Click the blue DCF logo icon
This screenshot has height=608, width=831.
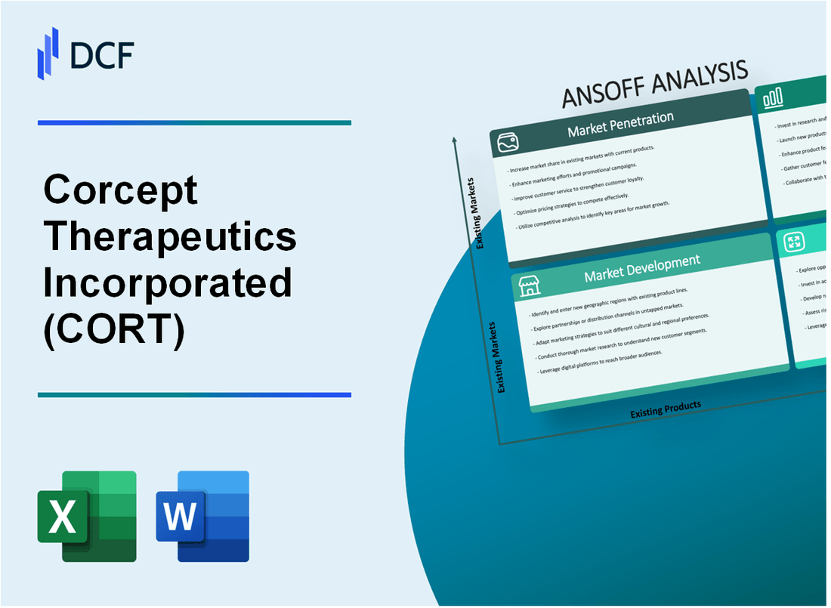coord(48,52)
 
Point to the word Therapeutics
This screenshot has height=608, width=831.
coord(170,236)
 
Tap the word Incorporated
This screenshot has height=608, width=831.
coord(168,282)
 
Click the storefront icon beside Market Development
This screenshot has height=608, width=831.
coord(529,286)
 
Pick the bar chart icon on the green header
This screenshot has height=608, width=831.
coord(773,97)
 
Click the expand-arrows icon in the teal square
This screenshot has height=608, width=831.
coord(794,242)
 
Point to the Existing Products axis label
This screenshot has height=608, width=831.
coord(666,408)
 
